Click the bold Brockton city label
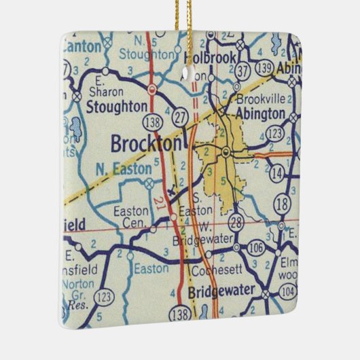click(146, 144)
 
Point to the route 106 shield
click(255, 249)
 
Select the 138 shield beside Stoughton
click(152, 122)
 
